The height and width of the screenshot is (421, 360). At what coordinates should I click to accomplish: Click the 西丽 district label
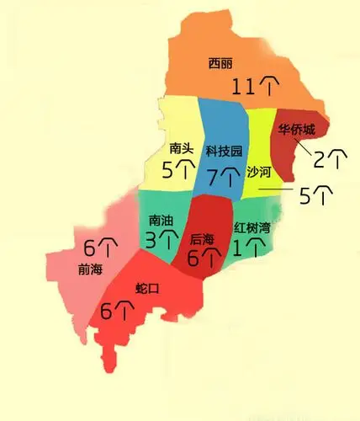220,63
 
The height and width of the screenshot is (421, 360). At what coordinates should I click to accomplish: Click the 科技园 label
224,152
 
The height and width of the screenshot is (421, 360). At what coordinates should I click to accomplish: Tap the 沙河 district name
259,172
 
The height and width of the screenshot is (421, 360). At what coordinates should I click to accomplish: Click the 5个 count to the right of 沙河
315,195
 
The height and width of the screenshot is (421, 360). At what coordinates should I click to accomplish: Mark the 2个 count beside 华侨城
330,157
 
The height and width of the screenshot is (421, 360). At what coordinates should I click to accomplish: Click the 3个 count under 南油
162,241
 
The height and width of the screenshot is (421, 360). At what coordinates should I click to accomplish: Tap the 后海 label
203,238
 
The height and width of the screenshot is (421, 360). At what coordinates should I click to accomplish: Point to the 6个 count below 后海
204,258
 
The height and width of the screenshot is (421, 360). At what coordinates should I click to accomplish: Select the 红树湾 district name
252,227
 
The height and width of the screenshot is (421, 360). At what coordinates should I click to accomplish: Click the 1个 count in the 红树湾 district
249,248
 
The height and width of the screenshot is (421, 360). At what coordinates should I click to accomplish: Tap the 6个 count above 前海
100,248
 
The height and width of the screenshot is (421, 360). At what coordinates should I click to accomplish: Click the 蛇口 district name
147,289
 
